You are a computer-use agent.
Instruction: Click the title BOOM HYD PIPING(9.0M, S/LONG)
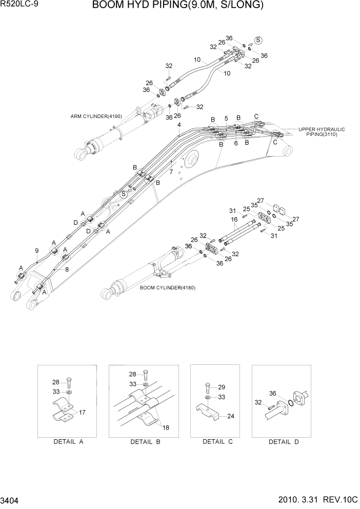pos(178,6)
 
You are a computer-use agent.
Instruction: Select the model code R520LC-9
pos(21,6)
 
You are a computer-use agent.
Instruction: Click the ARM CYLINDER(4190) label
pos(96,116)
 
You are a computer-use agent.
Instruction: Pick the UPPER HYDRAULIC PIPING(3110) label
pos(322,131)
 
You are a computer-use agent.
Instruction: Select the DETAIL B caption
pos(145,442)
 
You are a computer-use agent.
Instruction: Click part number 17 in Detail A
pos(82,412)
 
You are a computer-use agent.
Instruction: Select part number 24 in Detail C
pos(231,416)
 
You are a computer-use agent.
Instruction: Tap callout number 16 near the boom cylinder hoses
pos(234,219)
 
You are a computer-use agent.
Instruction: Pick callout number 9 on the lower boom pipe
pos(37,250)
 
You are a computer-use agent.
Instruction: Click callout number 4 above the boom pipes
pos(179,125)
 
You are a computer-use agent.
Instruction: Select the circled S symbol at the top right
pos(258,40)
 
